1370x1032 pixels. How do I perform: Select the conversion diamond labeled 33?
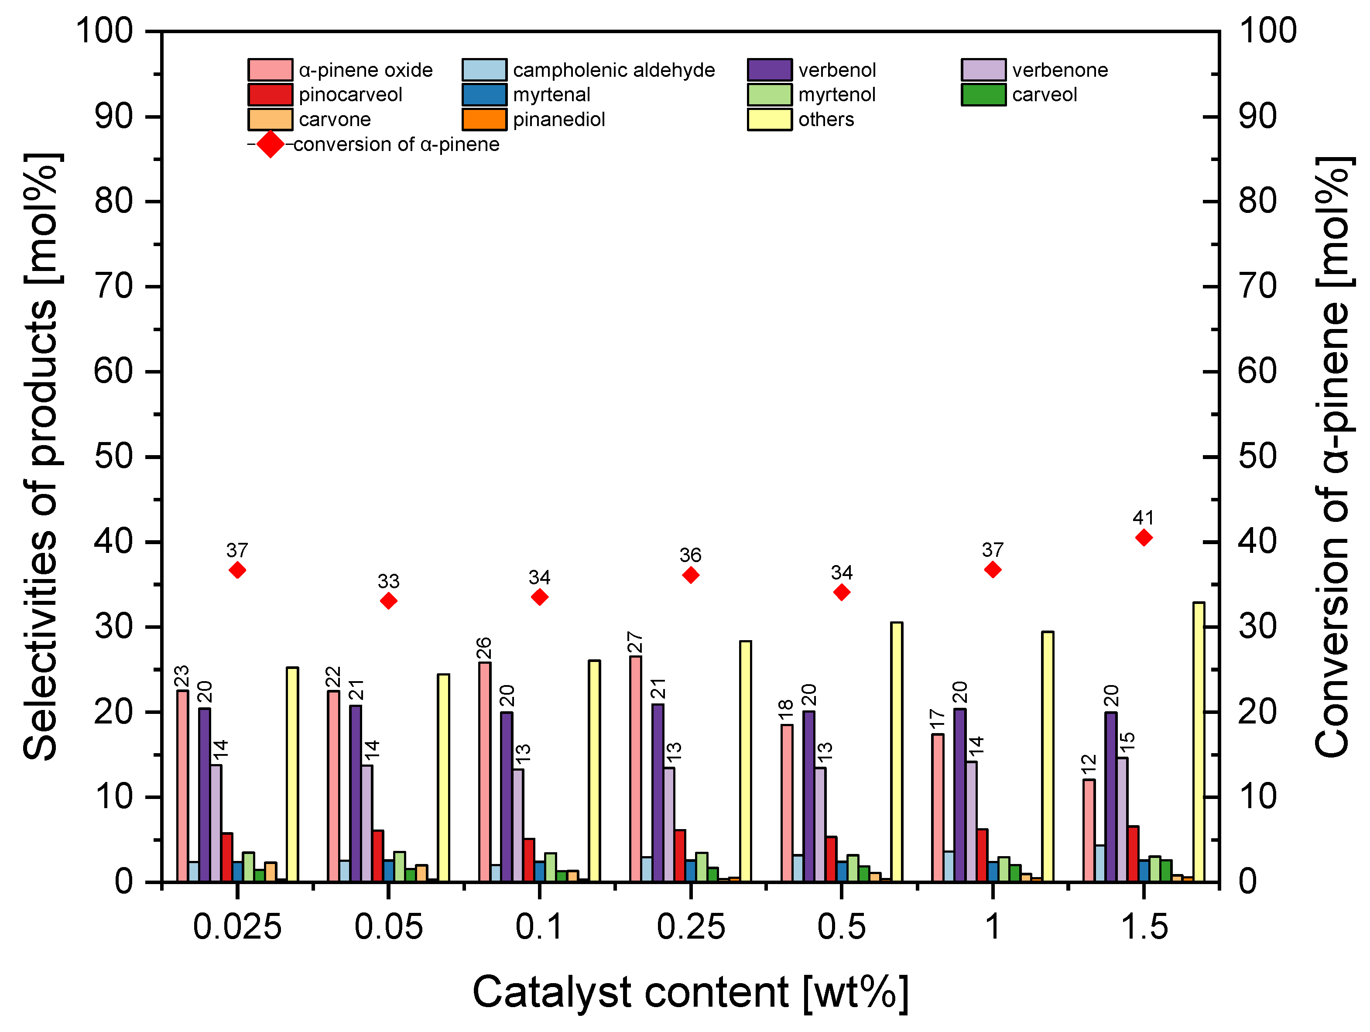(388, 601)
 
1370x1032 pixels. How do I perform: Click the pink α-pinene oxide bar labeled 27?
(635, 768)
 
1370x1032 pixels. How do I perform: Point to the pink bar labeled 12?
(1089, 830)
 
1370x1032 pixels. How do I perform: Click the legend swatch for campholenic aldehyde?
(484, 70)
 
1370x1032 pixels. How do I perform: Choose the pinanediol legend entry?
(558, 120)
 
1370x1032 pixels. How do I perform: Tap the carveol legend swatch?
(983, 95)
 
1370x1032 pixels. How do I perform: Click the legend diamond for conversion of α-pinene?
(270, 144)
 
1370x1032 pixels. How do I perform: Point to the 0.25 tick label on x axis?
(691, 927)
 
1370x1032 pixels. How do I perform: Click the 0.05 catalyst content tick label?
(388, 927)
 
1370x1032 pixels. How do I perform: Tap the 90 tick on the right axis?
(1257, 117)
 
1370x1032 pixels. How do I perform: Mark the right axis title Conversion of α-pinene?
(1332, 456)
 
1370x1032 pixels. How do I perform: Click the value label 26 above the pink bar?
(484, 648)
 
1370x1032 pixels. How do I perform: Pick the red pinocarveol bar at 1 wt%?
(982, 855)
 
